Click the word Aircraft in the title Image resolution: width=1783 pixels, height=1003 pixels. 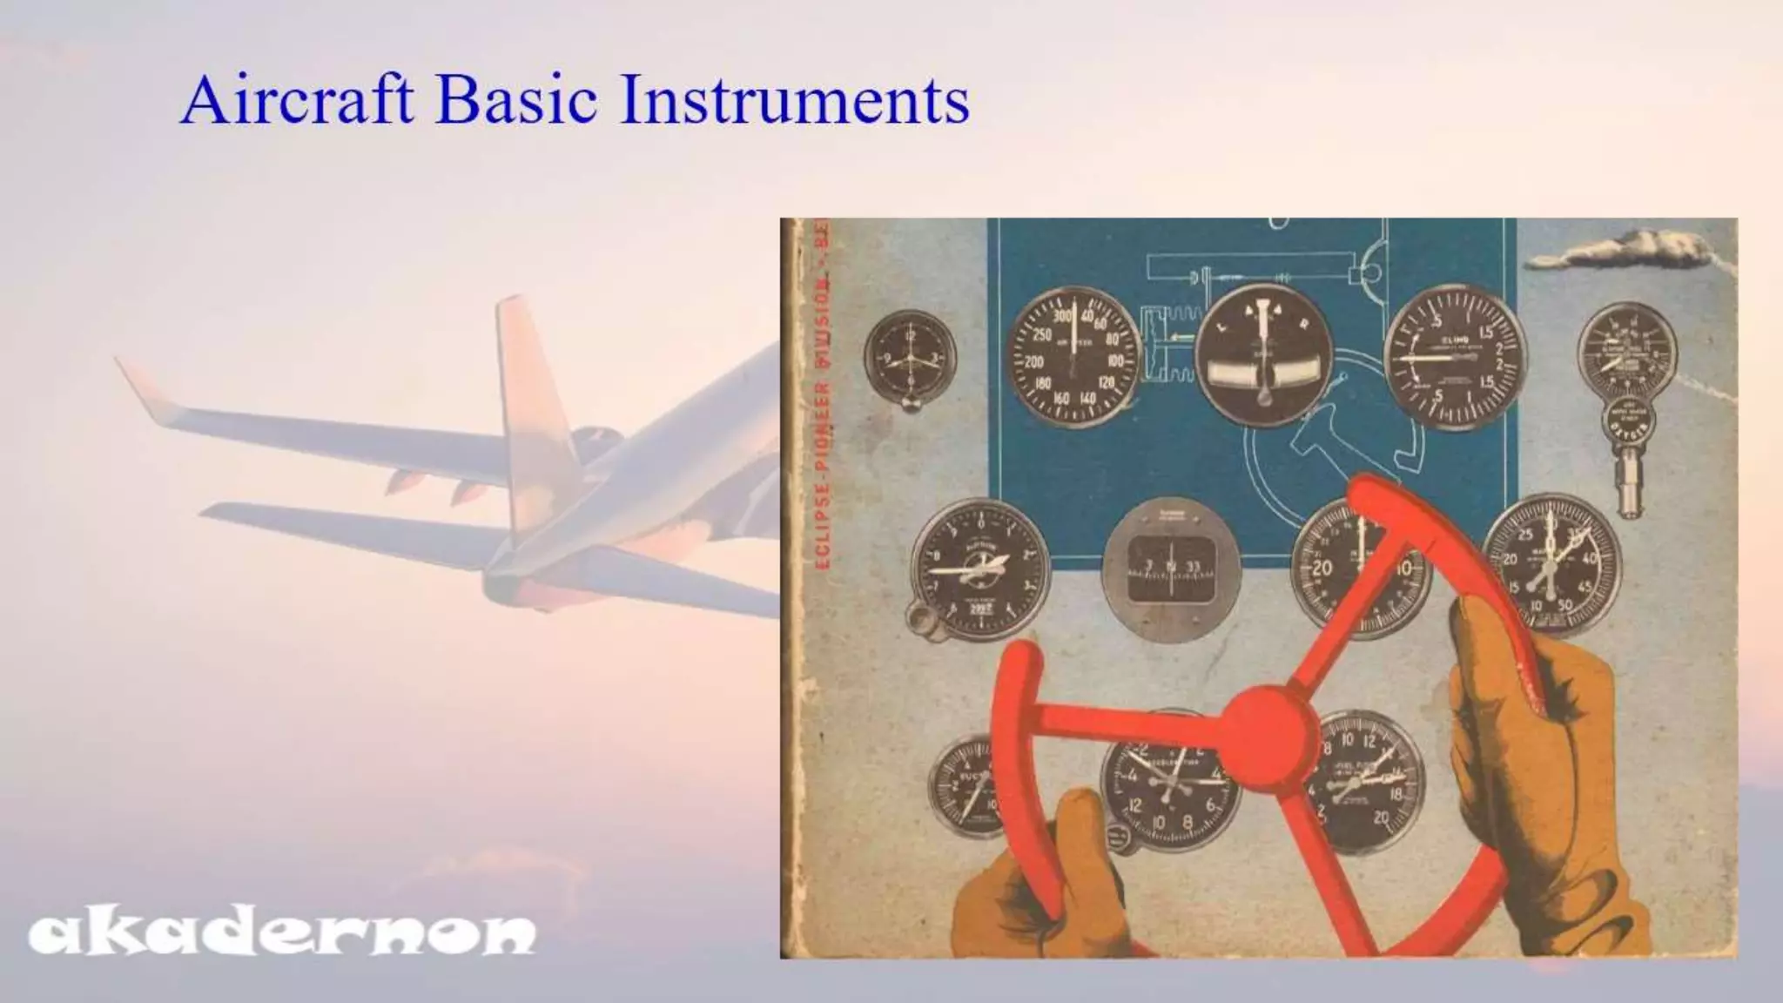pyautogui.click(x=297, y=100)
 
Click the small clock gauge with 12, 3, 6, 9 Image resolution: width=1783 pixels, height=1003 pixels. pyautogui.click(x=910, y=358)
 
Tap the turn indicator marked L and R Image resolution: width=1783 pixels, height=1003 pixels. pyautogui.click(x=1262, y=355)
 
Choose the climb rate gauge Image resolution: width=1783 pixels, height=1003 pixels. pyautogui.click(x=1455, y=357)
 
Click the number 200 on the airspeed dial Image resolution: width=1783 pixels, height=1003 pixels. pyautogui.click(x=1034, y=361)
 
